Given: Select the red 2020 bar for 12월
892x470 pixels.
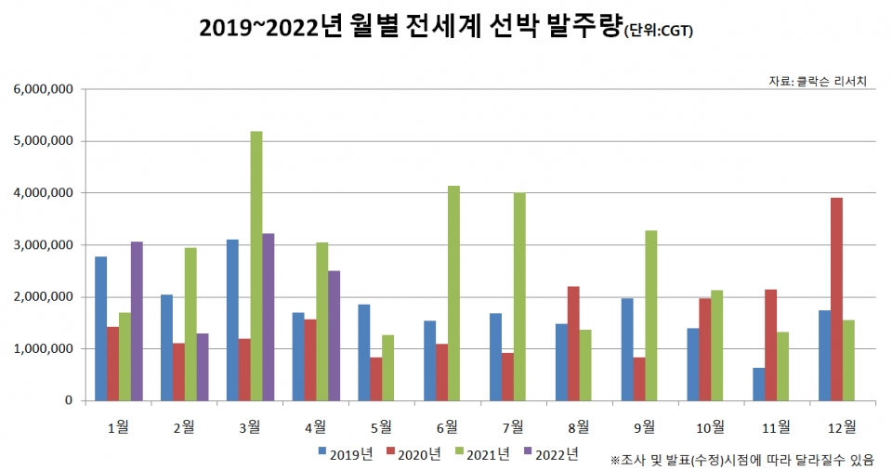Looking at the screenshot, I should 836,299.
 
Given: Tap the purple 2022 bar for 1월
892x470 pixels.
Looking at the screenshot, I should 137,321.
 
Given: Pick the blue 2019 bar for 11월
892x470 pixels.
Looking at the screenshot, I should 759,385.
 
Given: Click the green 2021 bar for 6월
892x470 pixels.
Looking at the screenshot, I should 453,294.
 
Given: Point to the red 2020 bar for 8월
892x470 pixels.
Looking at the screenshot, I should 573,344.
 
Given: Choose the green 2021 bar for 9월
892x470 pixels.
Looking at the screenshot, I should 651,316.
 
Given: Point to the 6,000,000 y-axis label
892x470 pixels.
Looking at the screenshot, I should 44,90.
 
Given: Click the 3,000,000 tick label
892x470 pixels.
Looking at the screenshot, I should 44,245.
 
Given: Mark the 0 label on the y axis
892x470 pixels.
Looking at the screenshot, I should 69,401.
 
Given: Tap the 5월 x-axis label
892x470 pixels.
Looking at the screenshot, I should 380,426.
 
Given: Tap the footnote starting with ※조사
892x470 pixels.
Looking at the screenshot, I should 748,459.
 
